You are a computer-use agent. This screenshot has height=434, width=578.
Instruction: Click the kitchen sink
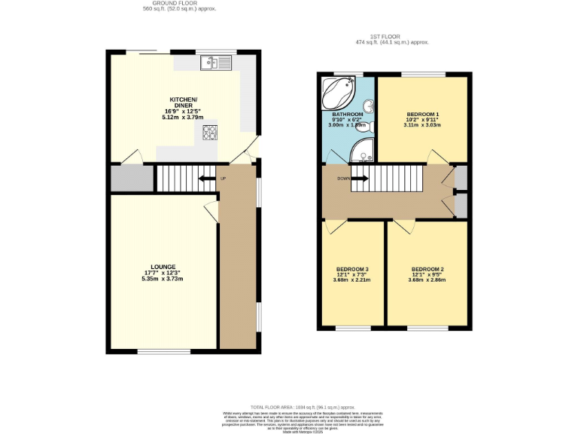(x=217, y=63)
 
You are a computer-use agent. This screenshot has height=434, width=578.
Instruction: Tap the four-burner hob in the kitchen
(x=208, y=133)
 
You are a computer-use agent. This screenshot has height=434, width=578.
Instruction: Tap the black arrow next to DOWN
(x=360, y=179)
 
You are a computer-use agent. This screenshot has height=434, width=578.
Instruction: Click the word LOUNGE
(x=163, y=267)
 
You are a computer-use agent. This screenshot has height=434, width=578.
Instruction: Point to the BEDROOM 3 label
(x=352, y=269)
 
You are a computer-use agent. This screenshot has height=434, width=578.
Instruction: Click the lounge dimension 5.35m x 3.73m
(x=163, y=280)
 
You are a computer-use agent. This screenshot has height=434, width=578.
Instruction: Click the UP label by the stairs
(x=223, y=179)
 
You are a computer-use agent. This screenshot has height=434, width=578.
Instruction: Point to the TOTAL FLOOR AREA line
(x=289, y=406)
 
